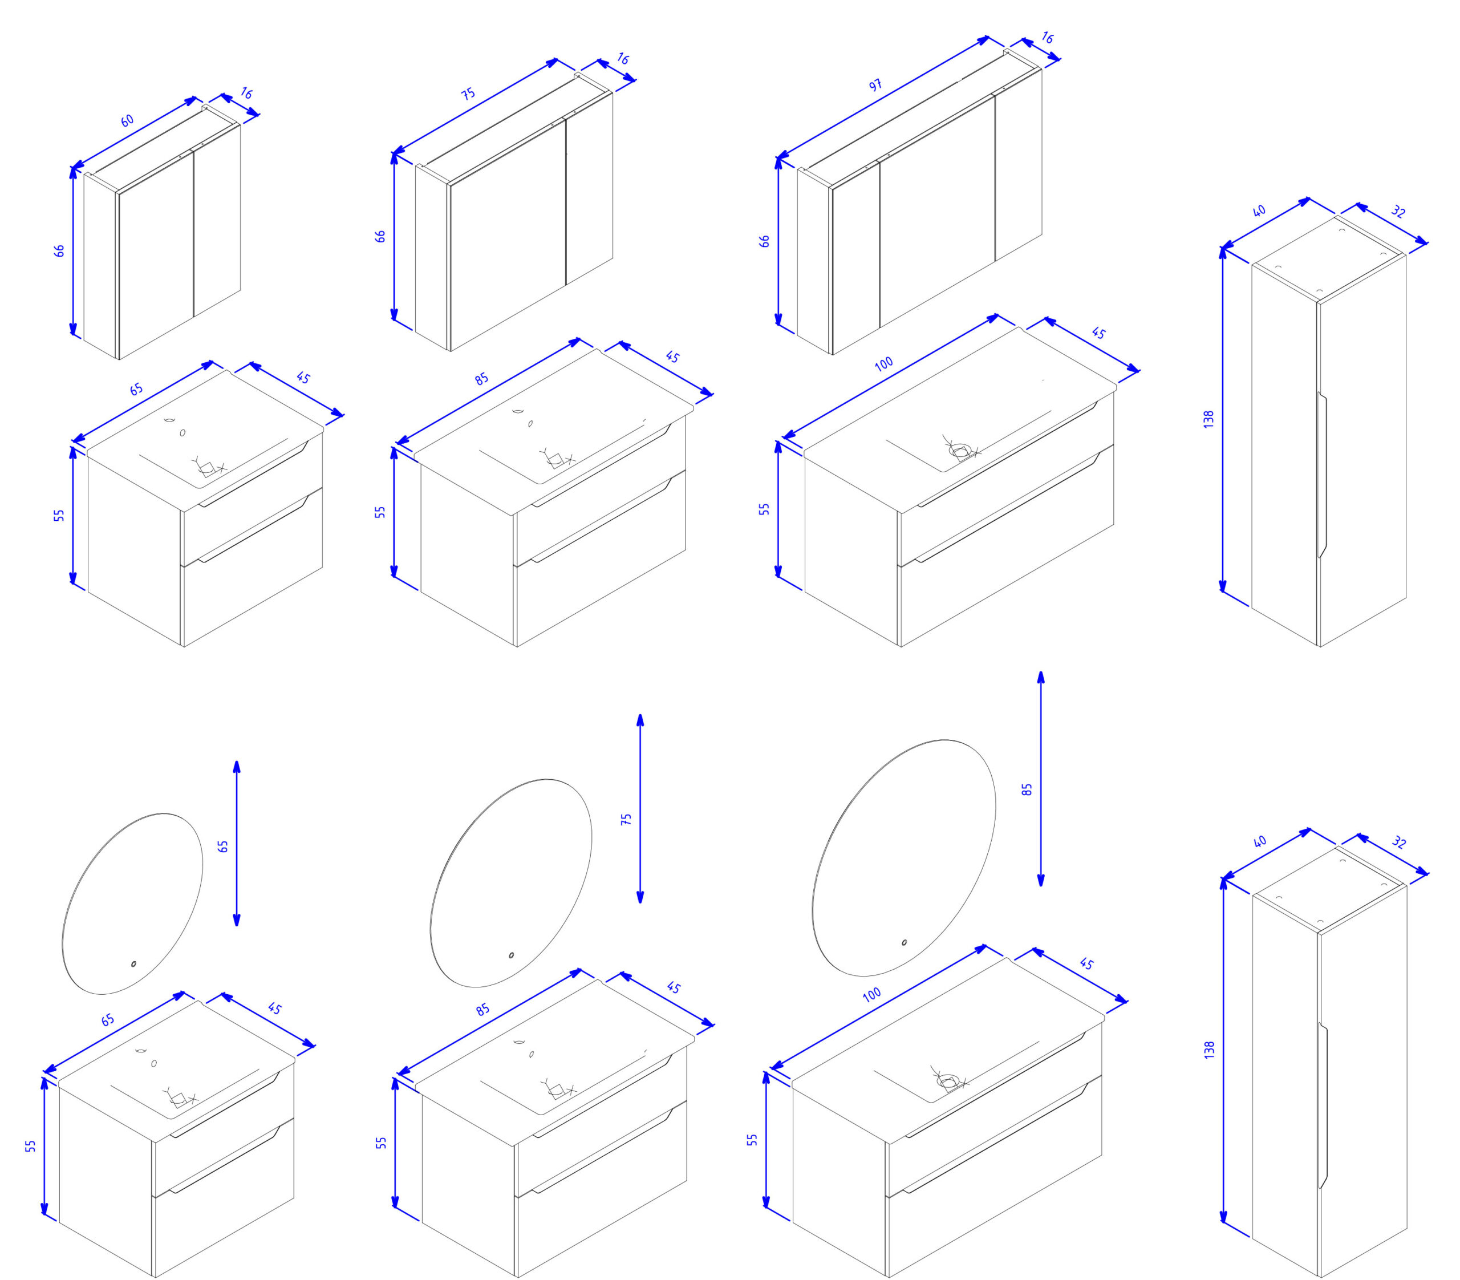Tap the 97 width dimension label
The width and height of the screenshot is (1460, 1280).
click(x=875, y=85)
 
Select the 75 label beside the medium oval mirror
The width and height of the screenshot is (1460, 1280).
click(x=626, y=819)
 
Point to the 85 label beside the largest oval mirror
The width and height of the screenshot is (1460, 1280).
click(x=1027, y=789)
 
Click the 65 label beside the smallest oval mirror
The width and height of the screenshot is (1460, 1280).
click(x=223, y=846)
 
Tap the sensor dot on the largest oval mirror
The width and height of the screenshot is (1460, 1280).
click(x=905, y=942)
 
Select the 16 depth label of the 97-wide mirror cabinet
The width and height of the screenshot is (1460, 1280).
click(x=1047, y=38)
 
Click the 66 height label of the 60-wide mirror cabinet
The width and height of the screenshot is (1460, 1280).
click(x=59, y=251)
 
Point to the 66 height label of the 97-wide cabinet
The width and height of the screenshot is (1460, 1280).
click(x=764, y=241)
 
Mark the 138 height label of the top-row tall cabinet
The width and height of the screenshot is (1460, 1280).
click(x=1208, y=419)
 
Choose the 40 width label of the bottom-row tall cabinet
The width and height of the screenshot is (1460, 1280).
click(x=1259, y=841)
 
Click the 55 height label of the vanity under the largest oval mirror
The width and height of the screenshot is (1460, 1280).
click(x=752, y=1140)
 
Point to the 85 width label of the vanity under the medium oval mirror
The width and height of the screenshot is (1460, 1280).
click(x=483, y=1009)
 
